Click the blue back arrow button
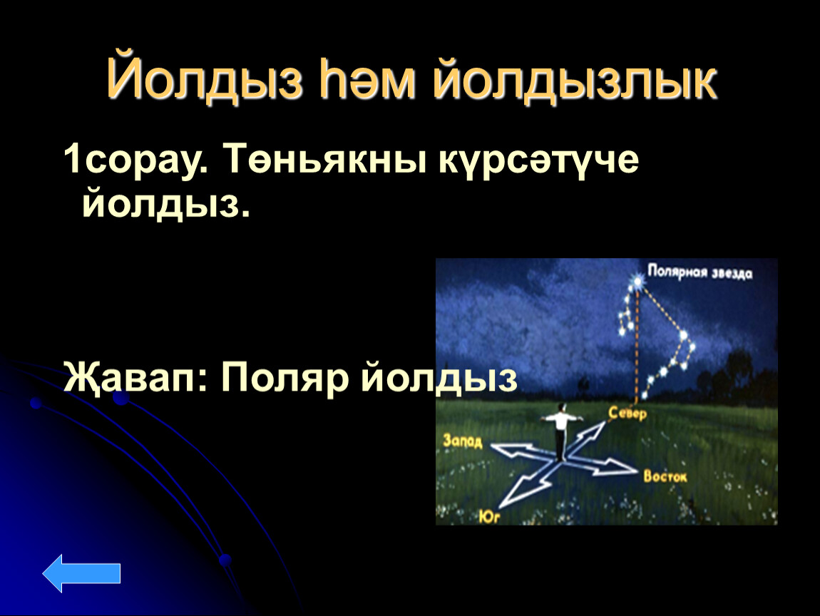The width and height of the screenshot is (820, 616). (81, 573)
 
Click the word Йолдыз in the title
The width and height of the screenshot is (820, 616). (205, 80)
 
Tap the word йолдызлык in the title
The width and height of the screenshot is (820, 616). (575, 80)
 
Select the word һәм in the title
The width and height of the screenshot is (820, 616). (368, 80)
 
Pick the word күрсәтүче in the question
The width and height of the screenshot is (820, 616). (539, 160)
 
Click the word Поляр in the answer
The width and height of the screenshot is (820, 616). (285, 379)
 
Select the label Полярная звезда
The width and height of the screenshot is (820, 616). (699, 272)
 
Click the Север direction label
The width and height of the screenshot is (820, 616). (627, 414)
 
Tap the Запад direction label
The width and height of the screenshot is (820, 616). (462, 441)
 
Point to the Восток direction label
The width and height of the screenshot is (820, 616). (665, 476)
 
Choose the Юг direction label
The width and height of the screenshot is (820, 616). (490, 517)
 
